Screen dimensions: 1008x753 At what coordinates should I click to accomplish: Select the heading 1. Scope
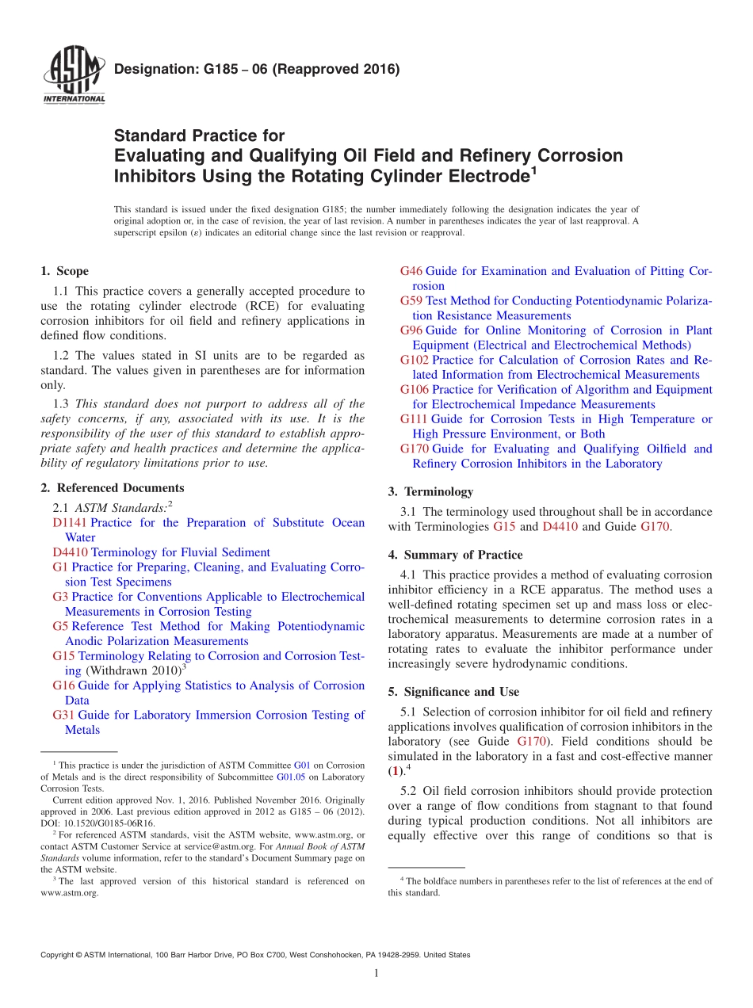tap(65, 271)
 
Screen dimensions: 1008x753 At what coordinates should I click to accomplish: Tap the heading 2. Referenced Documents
tap(113, 488)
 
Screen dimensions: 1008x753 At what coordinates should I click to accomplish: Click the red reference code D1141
tap(70, 523)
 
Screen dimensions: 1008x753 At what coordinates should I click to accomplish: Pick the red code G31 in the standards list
tap(63, 715)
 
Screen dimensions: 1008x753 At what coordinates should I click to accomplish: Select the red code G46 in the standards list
tap(411, 271)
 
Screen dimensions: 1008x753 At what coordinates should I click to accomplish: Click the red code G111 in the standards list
tap(414, 419)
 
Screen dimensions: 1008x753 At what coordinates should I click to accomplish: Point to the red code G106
tap(414, 389)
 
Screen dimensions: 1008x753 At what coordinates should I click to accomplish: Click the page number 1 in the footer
tap(376, 974)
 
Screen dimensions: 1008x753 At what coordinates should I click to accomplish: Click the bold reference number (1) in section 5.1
tap(395, 771)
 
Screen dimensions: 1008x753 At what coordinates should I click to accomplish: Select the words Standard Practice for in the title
tap(199, 136)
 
